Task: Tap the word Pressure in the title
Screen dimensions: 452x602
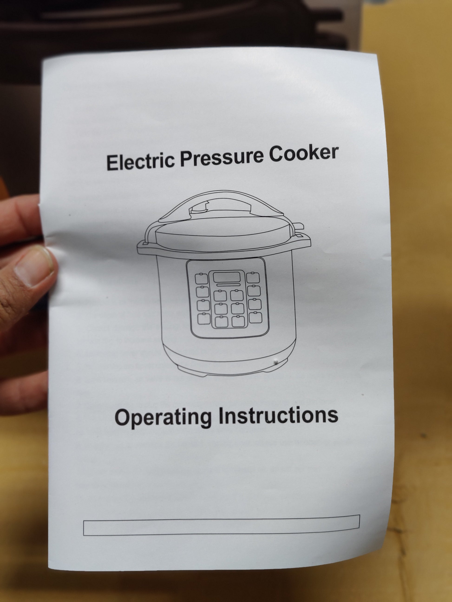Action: tap(222, 158)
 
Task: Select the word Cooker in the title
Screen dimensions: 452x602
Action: tap(304, 154)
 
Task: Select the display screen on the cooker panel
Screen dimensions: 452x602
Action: tap(227, 277)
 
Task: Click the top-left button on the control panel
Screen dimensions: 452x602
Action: tap(201, 278)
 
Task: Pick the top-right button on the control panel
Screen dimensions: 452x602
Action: tap(253, 277)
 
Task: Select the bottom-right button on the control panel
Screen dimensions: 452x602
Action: tap(255, 317)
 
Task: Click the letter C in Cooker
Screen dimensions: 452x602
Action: tap(276, 154)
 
